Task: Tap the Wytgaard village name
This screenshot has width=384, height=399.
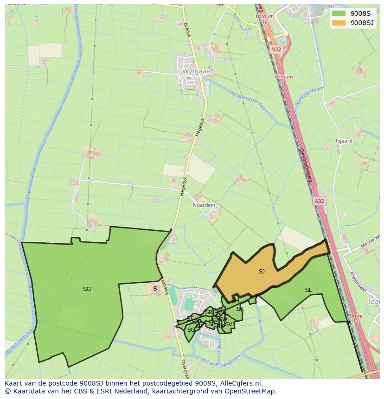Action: pos(198,72)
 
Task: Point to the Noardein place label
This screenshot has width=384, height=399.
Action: pos(204,205)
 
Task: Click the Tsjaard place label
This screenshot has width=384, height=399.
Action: pos(344,141)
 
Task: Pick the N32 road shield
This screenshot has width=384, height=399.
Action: pos(276,49)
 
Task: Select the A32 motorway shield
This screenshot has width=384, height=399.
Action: pos(319,201)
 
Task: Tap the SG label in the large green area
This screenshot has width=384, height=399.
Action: pos(87,289)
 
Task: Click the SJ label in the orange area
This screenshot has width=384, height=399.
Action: pos(262,272)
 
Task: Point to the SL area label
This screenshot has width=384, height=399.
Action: pos(308,290)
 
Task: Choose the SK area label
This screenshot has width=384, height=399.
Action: pos(240,309)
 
